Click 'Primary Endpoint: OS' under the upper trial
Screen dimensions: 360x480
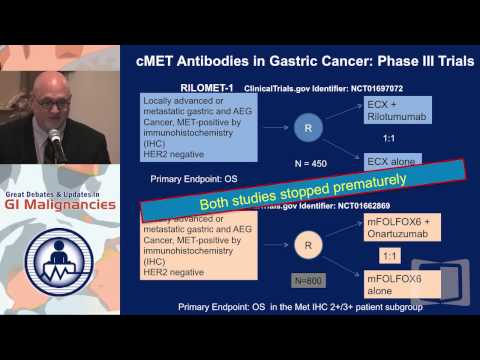point(194,182)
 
